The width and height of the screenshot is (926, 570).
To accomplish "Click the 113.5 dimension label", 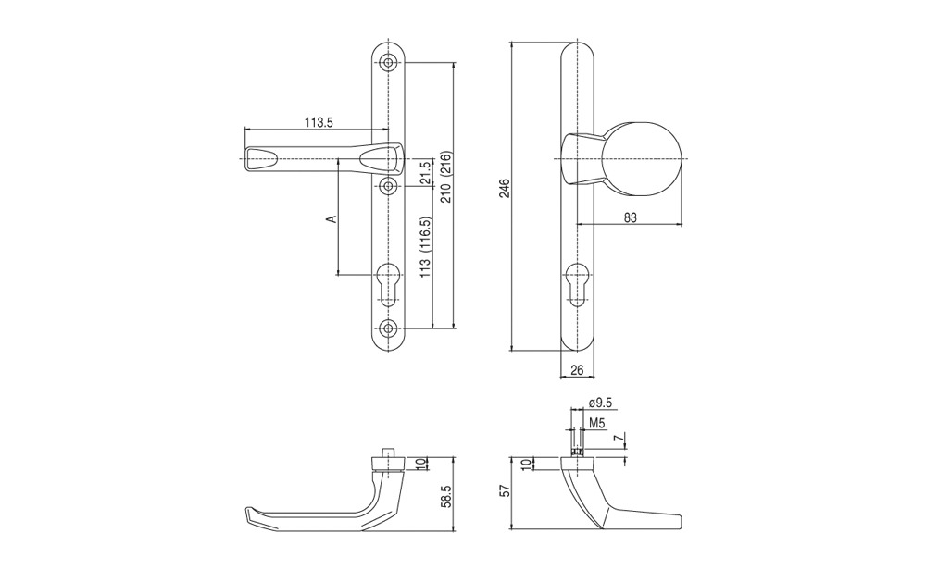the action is [x=319, y=123].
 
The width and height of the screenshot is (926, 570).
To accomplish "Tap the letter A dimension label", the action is [x=332, y=219].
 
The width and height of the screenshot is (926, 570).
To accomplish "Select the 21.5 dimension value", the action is [x=424, y=172].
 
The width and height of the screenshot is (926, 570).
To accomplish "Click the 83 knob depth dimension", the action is [x=630, y=217].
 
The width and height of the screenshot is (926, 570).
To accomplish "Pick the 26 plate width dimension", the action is [x=577, y=370].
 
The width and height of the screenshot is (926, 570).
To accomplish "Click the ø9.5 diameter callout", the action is [x=601, y=403].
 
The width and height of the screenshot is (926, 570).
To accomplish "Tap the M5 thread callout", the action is [x=597, y=423].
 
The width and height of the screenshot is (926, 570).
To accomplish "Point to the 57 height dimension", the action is [x=502, y=491].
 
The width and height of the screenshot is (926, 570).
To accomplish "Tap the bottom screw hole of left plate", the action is [x=388, y=328].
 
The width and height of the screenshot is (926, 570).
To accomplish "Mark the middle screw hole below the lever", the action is [x=388, y=187].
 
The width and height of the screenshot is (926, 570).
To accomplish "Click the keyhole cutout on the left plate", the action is [x=388, y=285].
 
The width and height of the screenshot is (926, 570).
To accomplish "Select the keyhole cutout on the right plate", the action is [x=576, y=285].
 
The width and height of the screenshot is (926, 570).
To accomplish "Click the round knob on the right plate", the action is [x=644, y=159].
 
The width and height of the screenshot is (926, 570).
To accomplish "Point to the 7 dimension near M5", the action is [x=617, y=438].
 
